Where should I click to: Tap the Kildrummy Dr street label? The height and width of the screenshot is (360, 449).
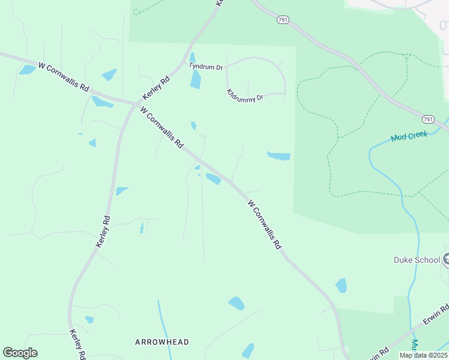(245, 95)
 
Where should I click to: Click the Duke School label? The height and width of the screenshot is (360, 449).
(417, 260)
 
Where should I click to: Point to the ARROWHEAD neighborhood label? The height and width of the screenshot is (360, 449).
(161, 342)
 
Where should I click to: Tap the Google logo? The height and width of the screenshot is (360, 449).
(20, 353)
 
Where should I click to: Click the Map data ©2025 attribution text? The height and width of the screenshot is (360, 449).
(423, 355)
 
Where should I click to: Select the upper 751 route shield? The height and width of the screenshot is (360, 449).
(283, 20)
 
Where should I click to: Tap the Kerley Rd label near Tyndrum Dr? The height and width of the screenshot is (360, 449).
(156, 88)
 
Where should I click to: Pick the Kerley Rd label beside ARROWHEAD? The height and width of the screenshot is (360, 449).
(76, 344)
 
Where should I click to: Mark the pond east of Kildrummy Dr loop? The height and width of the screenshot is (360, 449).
(279, 156)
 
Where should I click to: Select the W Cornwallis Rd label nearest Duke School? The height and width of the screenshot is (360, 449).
(264, 226)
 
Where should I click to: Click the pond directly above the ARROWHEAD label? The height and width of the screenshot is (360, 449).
(237, 303)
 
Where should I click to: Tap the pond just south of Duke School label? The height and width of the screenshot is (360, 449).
(341, 286)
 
